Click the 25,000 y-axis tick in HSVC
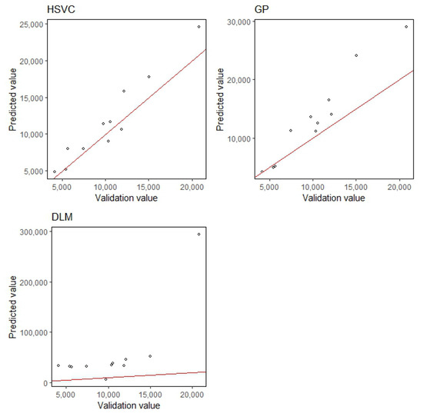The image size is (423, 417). pyautogui.click(x=26, y=24)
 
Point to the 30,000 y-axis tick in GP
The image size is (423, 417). pyautogui.click(x=238, y=22)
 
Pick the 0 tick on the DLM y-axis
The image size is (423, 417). pyautogui.click(x=43, y=382)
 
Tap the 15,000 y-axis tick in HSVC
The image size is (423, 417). pyautogui.click(x=26, y=98)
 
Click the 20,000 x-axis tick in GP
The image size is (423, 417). pyautogui.click(x=399, y=187)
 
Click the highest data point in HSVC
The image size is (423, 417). pyautogui.click(x=198, y=26)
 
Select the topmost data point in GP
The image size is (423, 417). pyautogui.click(x=406, y=27)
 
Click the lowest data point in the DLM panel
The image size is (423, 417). pyautogui.click(x=106, y=379)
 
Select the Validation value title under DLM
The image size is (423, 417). pyautogui.click(x=128, y=405)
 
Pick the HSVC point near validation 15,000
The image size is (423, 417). pyautogui.click(x=149, y=76)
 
